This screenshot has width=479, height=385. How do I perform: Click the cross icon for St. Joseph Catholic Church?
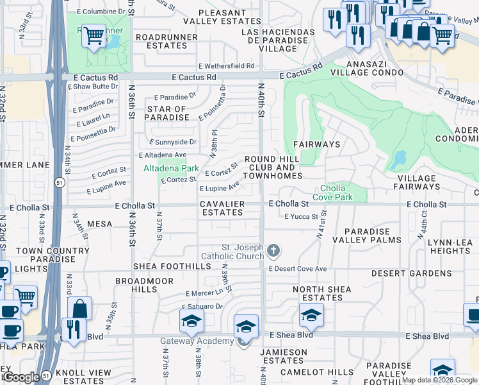click(273, 250)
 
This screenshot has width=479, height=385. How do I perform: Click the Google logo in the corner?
click(21, 377)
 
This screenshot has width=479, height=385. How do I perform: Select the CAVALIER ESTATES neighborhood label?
click(221, 208)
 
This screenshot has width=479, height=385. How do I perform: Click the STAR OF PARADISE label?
click(167, 113)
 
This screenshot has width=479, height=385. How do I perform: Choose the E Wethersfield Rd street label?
click(226, 65)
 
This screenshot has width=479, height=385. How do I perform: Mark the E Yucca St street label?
click(301, 217)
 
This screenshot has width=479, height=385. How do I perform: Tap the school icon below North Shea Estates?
click(311, 315)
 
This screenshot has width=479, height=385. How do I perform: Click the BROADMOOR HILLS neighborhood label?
click(136, 286)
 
